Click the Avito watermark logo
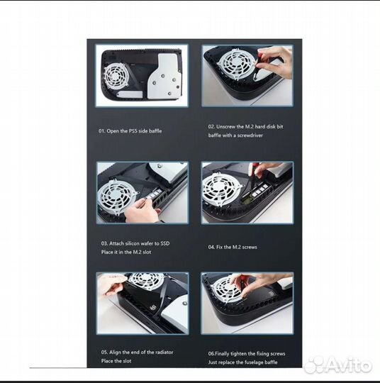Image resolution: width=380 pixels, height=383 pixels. (x=337, y=365)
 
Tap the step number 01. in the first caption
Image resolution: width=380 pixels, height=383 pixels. (x=102, y=131)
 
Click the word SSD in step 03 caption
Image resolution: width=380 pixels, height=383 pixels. (x=165, y=243)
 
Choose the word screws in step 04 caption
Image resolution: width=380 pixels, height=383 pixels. (x=250, y=248)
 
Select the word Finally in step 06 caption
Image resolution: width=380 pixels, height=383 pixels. (x=222, y=354)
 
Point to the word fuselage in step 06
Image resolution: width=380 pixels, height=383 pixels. (x=254, y=362)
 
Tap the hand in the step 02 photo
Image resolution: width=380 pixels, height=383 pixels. (x=274, y=62)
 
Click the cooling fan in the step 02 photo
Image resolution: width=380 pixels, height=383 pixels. (x=235, y=63)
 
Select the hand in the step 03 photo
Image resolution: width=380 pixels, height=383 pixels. (x=141, y=211)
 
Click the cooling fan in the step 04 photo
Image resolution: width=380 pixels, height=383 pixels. (x=221, y=189)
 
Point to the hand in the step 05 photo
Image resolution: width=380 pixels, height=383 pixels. (x=111, y=284)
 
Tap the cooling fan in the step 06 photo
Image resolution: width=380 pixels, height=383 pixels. (x=225, y=289)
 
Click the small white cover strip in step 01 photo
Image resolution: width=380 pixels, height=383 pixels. (x=130, y=94)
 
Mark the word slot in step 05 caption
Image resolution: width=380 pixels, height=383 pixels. (x=126, y=361)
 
